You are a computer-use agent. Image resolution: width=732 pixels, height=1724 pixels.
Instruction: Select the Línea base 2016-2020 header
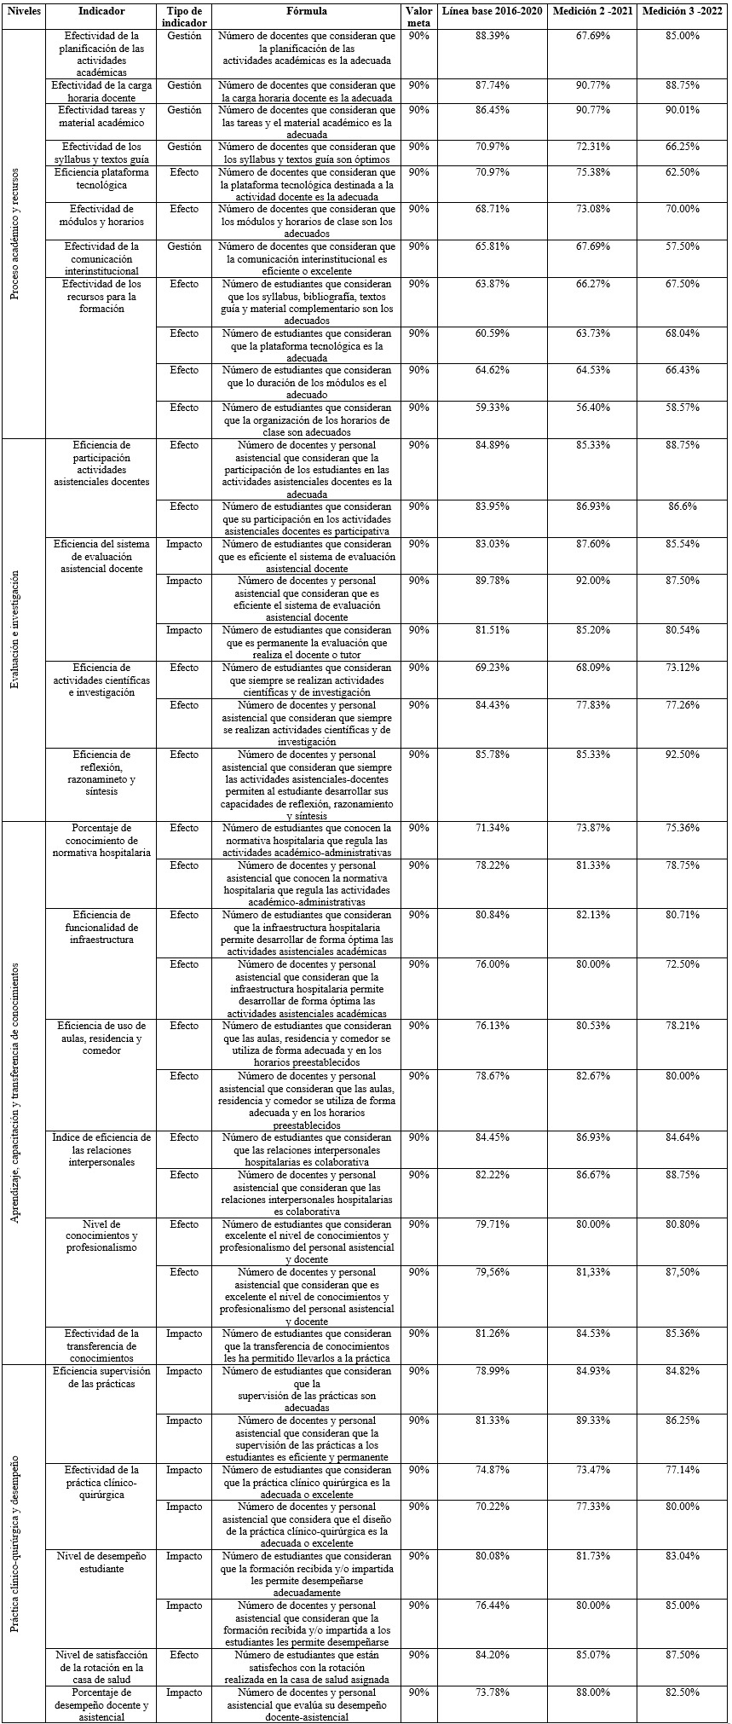pyautogui.click(x=493, y=12)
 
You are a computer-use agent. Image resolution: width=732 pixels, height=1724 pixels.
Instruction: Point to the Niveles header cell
pyautogui.click(x=23, y=12)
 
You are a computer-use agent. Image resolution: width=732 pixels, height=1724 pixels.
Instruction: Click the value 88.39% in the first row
pyautogui.click(x=493, y=37)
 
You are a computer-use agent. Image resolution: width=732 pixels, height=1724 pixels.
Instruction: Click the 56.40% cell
pyautogui.click(x=593, y=408)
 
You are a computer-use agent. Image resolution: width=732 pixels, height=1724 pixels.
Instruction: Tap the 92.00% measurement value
pyautogui.click(x=593, y=581)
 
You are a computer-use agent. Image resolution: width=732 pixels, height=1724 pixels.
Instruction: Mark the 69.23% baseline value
pyautogui.click(x=493, y=668)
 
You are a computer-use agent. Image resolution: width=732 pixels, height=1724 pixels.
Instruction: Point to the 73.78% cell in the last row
pyautogui.click(x=493, y=1692)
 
